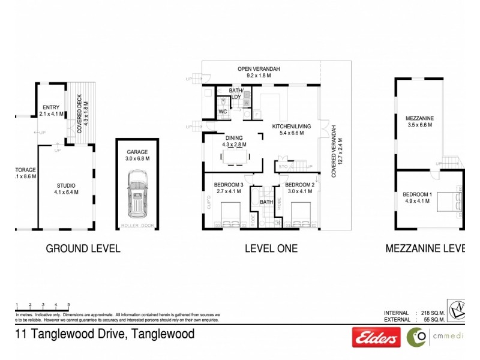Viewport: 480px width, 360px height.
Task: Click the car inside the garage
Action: [x=137, y=196]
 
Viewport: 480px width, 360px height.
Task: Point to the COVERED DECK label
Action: [x=80, y=113]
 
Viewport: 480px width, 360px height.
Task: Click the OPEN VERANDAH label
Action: [x=259, y=73]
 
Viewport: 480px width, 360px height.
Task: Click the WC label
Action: [x=222, y=112]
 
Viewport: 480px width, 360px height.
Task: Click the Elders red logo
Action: [x=376, y=338]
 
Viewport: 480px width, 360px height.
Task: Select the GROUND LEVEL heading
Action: [x=83, y=248]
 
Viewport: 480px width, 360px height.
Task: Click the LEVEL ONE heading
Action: [x=270, y=248]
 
